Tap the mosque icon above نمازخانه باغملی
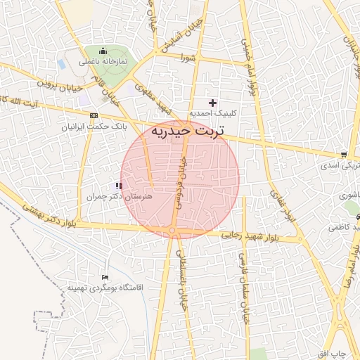coord(103,51)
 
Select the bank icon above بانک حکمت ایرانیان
coord(94,115)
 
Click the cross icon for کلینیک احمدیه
coord(213,103)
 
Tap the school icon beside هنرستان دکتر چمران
coord(117,186)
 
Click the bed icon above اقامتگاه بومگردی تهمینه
coord(105,277)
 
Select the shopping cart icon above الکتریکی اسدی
coord(343,155)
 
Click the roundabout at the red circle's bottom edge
coord(173,231)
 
